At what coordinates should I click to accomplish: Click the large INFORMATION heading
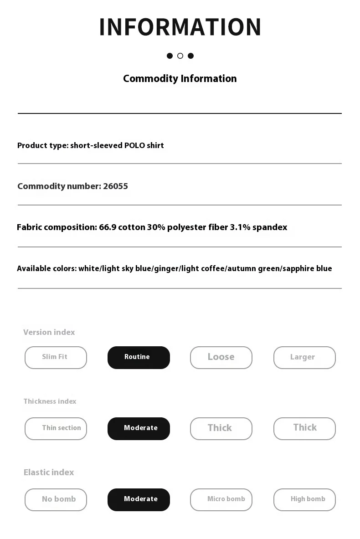[x=180, y=27]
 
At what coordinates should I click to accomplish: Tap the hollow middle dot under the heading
[x=180, y=56]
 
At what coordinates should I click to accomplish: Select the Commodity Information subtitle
[x=180, y=79]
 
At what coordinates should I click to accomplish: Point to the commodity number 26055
[x=115, y=186]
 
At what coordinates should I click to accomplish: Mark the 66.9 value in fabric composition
[x=108, y=227]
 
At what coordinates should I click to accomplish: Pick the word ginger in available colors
[x=166, y=269]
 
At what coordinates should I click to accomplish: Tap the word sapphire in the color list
[x=298, y=269]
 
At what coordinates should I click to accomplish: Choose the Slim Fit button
[x=56, y=358]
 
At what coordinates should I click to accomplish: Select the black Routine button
[x=139, y=358]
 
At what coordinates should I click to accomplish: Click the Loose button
[x=221, y=358]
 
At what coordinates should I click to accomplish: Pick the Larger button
[x=304, y=358]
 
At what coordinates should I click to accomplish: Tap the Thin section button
[x=56, y=429]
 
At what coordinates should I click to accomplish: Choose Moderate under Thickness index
[x=139, y=429]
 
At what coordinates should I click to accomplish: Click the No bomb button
[x=56, y=500]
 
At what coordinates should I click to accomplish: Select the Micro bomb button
[x=221, y=500]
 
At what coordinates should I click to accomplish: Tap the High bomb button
[x=304, y=500]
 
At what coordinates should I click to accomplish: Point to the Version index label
[x=49, y=333]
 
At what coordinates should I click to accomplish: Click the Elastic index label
[x=49, y=472]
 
